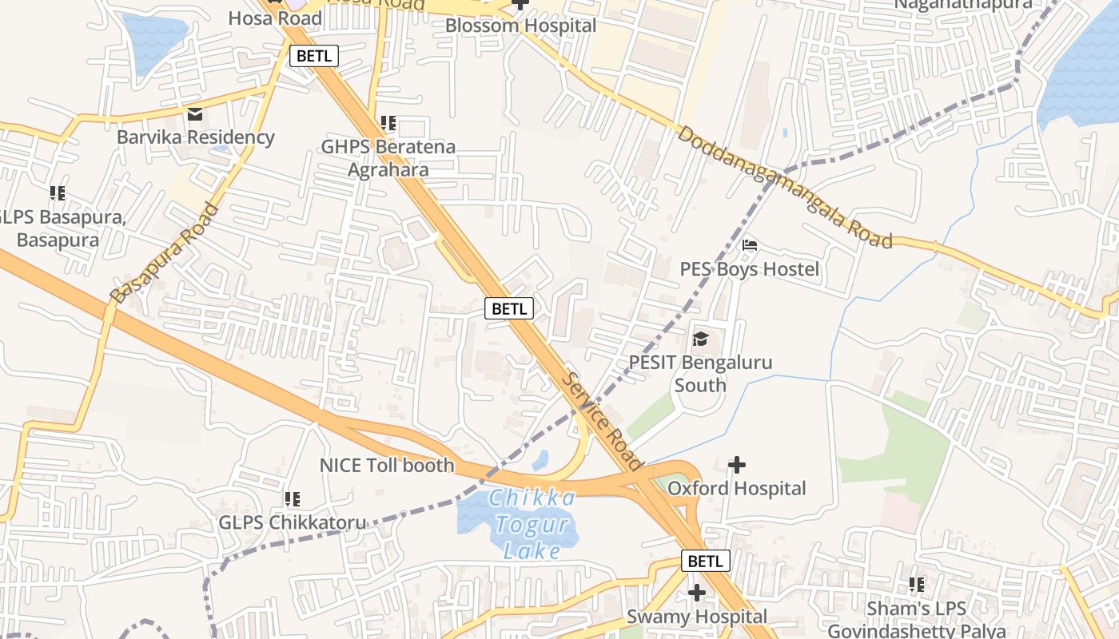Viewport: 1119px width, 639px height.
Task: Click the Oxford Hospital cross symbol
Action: [737, 464]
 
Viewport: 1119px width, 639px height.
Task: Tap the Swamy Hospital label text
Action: [696, 617]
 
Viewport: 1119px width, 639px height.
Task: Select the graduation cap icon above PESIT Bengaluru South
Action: [700, 339]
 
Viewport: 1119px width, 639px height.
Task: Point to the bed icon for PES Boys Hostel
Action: [749, 245]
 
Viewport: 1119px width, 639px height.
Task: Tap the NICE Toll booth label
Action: [387, 465]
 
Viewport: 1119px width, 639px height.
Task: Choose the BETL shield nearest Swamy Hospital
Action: [705, 561]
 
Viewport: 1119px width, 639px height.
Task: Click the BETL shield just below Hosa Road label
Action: [316, 56]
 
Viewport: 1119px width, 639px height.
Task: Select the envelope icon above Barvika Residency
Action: [195, 114]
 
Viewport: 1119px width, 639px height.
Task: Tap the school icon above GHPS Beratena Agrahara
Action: [388, 123]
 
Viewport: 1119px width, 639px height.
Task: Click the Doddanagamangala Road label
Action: [784, 186]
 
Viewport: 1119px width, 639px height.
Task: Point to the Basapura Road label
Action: [165, 254]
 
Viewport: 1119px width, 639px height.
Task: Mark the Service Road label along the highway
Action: [603, 420]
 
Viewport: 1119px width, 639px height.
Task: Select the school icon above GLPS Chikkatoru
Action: [293, 499]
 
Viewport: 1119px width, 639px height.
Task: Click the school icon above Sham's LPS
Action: [917, 585]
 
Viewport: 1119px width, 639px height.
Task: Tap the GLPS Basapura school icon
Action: [58, 193]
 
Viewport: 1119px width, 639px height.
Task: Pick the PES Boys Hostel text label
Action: [749, 269]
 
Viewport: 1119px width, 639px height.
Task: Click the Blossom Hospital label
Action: [520, 26]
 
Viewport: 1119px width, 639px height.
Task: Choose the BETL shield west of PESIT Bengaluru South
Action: [508, 308]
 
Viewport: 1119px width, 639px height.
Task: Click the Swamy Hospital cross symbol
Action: [697, 593]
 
